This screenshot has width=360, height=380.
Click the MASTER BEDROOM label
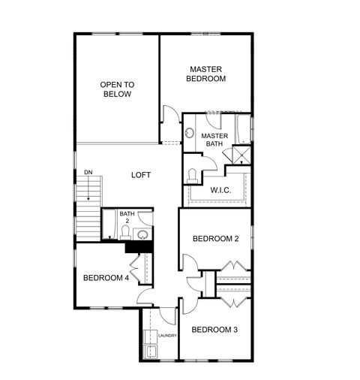(206, 73)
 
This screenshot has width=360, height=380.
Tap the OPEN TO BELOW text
(116, 89)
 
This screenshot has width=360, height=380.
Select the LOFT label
(141, 175)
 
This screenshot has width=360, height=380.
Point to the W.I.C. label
(220, 189)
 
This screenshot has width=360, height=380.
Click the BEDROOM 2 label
(215, 239)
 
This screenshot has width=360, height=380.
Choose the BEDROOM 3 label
(214, 330)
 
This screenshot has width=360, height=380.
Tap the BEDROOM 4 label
(106, 277)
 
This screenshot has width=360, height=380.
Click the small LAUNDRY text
(167, 336)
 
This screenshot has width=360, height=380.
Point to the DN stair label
(88, 172)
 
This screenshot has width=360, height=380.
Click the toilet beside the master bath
(193, 175)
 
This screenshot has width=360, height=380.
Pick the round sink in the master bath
(190, 134)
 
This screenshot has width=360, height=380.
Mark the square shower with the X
(241, 156)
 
